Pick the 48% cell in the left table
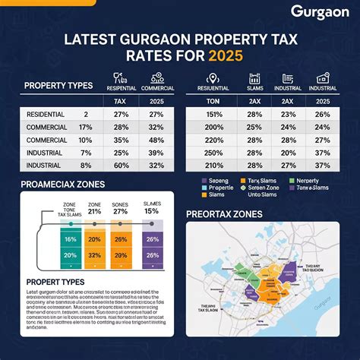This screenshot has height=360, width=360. (157, 141)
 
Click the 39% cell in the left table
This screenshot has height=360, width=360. (157, 152)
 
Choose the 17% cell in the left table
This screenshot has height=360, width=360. (85, 128)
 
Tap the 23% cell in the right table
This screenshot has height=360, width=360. (287, 115)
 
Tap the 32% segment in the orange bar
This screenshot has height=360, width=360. (96, 256)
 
